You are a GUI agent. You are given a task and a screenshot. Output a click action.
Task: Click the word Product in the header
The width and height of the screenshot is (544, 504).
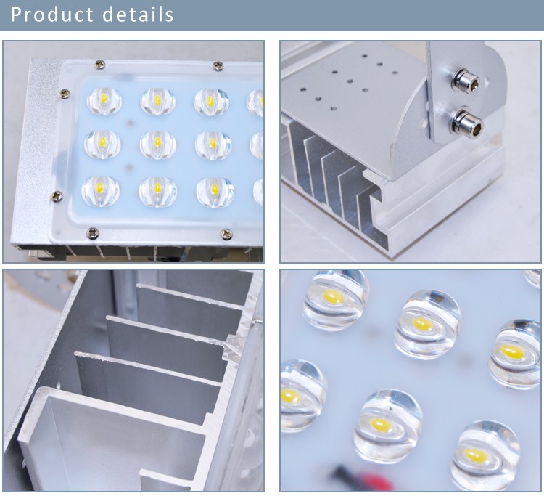tap(52, 15)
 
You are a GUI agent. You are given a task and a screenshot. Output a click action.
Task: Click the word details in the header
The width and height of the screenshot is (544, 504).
tap(138, 15)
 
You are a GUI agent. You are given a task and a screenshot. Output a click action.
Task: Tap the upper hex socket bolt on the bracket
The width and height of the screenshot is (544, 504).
tap(466, 81)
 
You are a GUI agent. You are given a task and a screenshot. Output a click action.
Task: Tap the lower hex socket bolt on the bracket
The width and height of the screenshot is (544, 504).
tap(468, 121)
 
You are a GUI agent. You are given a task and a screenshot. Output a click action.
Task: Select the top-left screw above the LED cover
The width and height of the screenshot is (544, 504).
tap(100, 64)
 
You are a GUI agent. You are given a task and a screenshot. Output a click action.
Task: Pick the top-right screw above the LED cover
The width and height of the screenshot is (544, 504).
tap(218, 65)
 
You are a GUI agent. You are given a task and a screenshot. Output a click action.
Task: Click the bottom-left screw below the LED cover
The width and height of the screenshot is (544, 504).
tap(93, 232)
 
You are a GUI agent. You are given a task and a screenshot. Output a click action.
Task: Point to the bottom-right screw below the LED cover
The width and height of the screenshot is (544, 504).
tap(226, 234)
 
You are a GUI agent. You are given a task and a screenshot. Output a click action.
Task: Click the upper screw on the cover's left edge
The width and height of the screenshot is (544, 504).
tap(65, 93)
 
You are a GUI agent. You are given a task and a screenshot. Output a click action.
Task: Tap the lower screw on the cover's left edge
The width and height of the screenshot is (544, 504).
tap(57, 196)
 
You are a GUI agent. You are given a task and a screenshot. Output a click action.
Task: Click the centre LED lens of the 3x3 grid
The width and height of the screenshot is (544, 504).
tap(158, 145)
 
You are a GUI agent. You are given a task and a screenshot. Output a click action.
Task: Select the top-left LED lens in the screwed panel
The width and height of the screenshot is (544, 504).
tap(104, 100)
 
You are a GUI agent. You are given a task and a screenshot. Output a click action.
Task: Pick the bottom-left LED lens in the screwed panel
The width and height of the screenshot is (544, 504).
tap(100, 191)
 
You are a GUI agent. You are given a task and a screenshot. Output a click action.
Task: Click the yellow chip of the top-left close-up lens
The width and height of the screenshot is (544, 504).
tap(334, 297)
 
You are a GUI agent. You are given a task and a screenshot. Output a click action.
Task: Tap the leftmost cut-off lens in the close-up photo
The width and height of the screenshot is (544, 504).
tap(301, 397)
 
